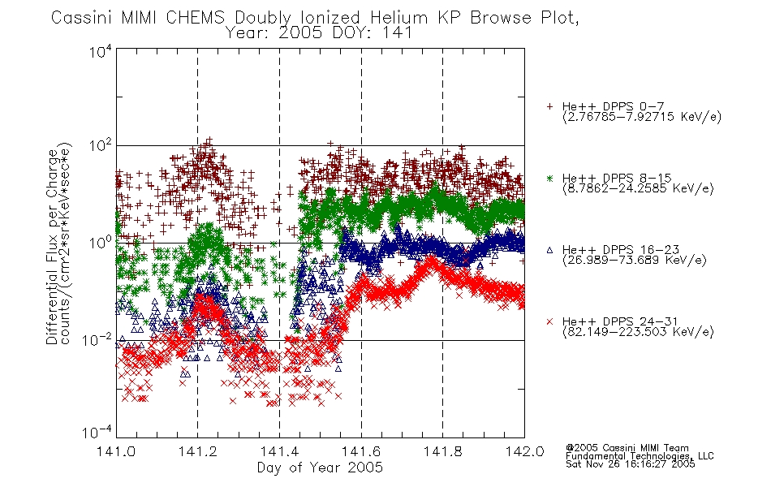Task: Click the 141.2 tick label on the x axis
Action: click(x=198, y=451)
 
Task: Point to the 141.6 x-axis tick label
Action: click(x=361, y=451)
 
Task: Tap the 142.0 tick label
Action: click(x=524, y=451)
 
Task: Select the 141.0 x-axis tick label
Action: click(x=116, y=451)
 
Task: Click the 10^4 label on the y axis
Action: click(x=101, y=51)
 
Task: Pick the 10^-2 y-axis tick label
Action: click(x=97, y=339)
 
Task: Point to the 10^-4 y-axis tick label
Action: click(x=97, y=432)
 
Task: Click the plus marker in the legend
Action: click(x=549, y=106)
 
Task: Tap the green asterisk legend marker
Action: click(x=549, y=178)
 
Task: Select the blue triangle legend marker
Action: click(x=549, y=250)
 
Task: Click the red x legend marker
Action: click(x=549, y=321)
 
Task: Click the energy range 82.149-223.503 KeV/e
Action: click(x=638, y=332)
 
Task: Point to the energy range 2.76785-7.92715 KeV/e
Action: click(x=642, y=117)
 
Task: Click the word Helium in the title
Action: click(x=398, y=18)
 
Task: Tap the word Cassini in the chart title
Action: click(x=83, y=18)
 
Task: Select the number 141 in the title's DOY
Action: click(x=396, y=33)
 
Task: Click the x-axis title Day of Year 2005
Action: click(x=320, y=468)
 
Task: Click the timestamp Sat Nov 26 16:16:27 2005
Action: click(x=631, y=464)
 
